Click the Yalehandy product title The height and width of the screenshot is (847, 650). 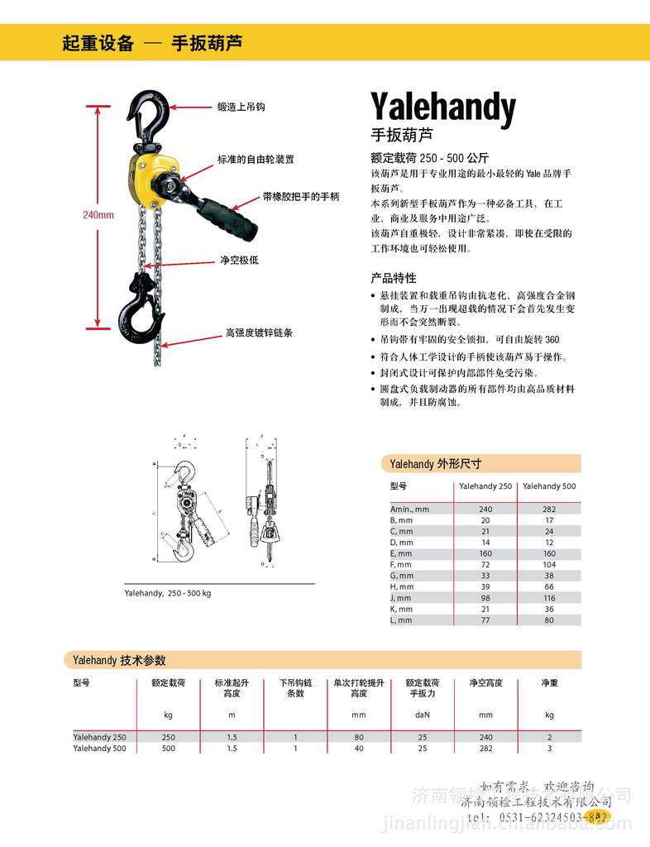[x=442, y=108]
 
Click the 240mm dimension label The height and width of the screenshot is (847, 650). [x=98, y=215]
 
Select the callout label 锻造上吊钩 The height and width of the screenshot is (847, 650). [x=241, y=108]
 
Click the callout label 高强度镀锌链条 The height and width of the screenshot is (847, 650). [x=259, y=333]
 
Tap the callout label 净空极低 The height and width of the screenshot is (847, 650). [x=239, y=260]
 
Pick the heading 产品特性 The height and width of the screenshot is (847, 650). [x=394, y=278]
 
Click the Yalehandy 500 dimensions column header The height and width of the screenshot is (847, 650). [x=549, y=486]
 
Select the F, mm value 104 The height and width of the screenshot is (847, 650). [x=549, y=563]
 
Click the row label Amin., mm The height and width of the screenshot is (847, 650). [x=410, y=510]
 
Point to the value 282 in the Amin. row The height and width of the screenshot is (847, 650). [x=549, y=510]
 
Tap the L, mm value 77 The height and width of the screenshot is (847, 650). [x=485, y=620]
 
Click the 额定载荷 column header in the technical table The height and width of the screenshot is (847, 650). [x=168, y=683]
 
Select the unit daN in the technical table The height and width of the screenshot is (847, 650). [x=422, y=714]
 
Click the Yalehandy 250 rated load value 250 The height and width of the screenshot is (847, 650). [x=169, y=737]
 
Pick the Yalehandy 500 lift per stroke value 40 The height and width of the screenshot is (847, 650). [x=358, y=749]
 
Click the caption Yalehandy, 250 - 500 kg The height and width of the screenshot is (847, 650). [x=168, y=593]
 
